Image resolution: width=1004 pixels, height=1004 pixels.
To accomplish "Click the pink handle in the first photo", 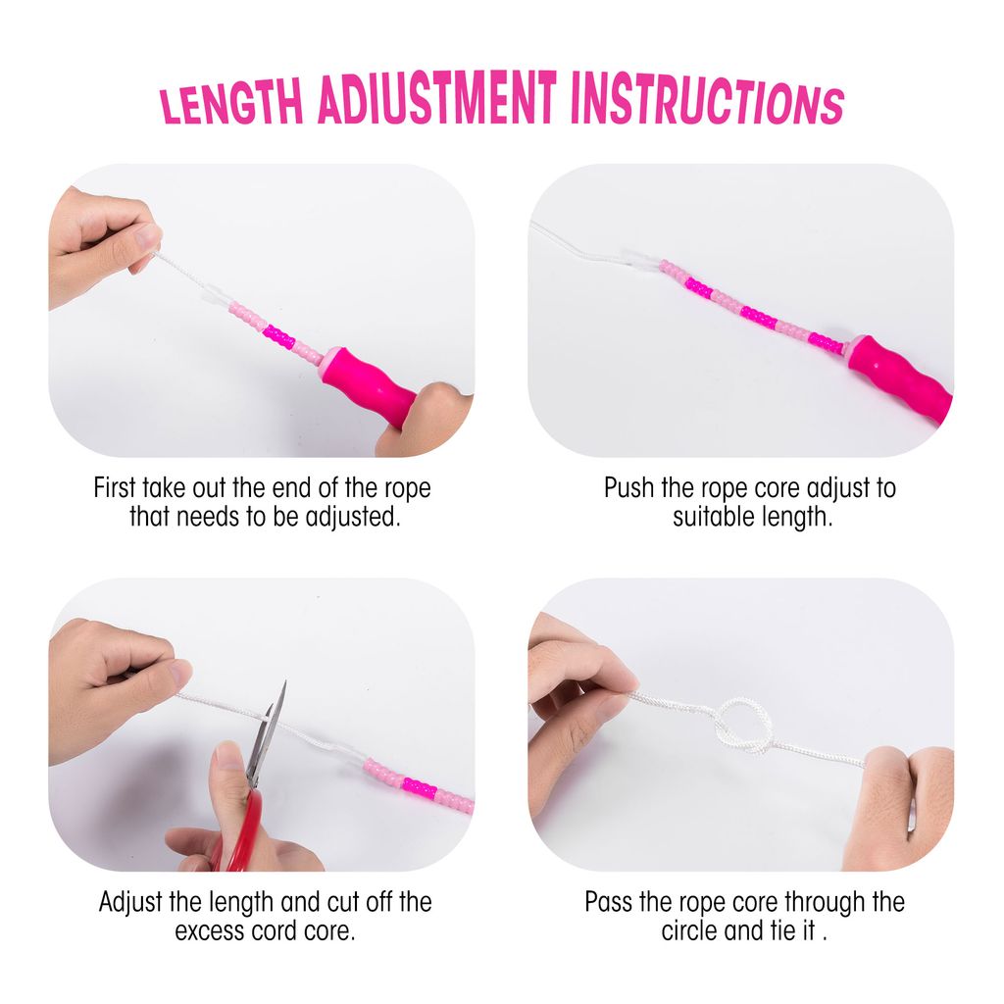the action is click(x=369, y=385).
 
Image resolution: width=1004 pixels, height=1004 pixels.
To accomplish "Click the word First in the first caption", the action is click(x=116, y=488).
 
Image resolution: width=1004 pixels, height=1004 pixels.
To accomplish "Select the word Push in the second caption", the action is click(x=629, y=488).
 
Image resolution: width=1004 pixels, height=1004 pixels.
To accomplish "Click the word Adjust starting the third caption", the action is click(x=130, y=903).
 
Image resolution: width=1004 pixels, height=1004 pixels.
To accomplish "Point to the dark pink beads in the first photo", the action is click(x=279, y=337).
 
